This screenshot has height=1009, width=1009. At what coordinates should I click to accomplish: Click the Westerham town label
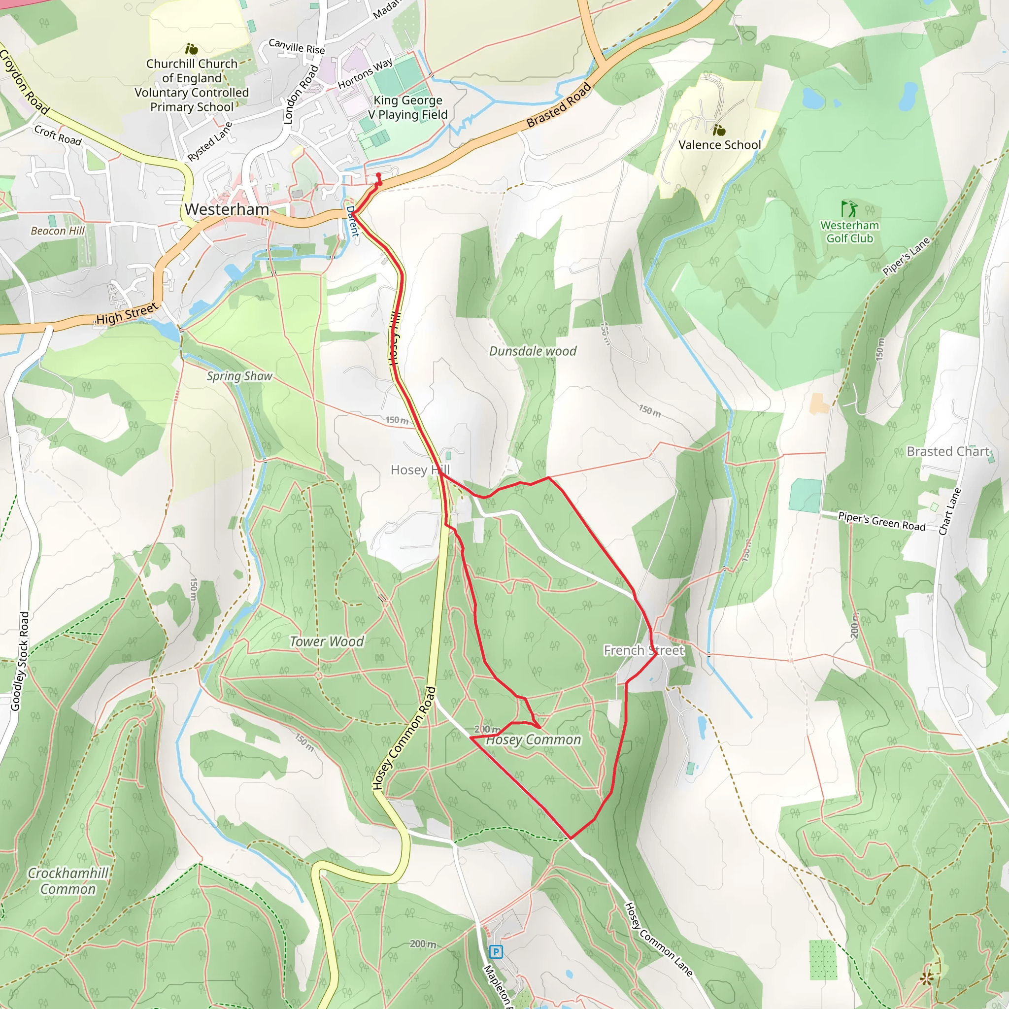coord(227,209)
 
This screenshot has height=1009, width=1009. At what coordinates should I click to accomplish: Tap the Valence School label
coord(719,145)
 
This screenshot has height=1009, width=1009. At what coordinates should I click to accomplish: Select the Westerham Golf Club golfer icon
coord(849,209)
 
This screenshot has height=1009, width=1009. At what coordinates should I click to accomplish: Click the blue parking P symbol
coord(496,951)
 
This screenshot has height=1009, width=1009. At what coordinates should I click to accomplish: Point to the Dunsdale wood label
coord(533,351)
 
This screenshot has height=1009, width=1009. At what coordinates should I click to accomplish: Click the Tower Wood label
coord(327,641)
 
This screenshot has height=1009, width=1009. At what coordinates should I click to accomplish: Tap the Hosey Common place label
coord(533,740)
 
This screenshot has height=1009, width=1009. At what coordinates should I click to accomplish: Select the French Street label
coord(643,650)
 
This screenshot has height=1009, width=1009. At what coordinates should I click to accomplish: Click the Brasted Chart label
coord(948,451)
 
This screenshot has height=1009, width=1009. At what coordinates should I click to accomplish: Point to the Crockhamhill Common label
coord(68,881)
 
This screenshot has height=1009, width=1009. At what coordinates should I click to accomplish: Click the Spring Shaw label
coord(239,376)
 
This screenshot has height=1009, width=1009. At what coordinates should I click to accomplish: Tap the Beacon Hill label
coord(58,231)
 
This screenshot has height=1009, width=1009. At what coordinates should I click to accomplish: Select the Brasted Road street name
coord(559,105)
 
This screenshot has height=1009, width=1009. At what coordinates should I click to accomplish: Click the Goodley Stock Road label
coord(20,661)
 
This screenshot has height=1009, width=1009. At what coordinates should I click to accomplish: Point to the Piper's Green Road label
coord(881,521)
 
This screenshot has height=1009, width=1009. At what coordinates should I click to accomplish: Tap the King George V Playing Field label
coord(408,107)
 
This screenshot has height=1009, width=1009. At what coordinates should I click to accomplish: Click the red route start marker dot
coord(378,175)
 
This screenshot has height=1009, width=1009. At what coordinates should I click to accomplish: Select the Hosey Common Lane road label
coord(658,939)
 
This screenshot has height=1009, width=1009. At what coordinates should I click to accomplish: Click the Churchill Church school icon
coord(192,49)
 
